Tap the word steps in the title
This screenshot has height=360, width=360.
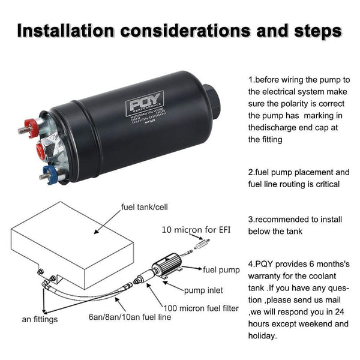313,29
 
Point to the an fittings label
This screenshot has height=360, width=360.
40,319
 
